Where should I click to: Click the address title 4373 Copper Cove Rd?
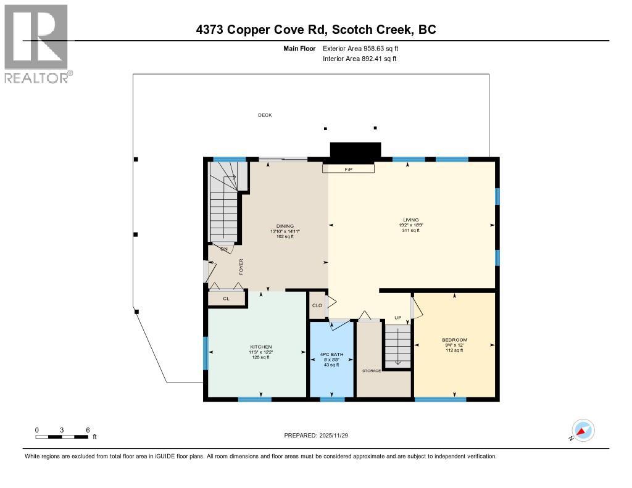tap(315, 30)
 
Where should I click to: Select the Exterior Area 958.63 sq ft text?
tap(365, 48)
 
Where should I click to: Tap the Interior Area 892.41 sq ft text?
tap(359, 59)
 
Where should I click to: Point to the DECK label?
tap(265, 115)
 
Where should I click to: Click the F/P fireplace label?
tap(348, 169)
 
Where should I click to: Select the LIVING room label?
tap(411, 220)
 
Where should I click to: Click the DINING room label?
tap(285, 226)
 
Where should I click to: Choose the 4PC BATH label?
tap(331, 354)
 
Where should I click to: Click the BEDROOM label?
tap(454, 340)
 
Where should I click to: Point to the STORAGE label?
tap(372, 371)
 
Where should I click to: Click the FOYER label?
tap(242, 266)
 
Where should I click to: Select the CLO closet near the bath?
tap(317, 305)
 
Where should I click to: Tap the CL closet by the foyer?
tap(226, 299)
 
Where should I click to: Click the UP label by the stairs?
tap(399, 318)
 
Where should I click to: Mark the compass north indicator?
tap(582, 430)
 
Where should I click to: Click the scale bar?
tap(62, 437)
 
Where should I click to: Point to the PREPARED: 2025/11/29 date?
tap(320, 435)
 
